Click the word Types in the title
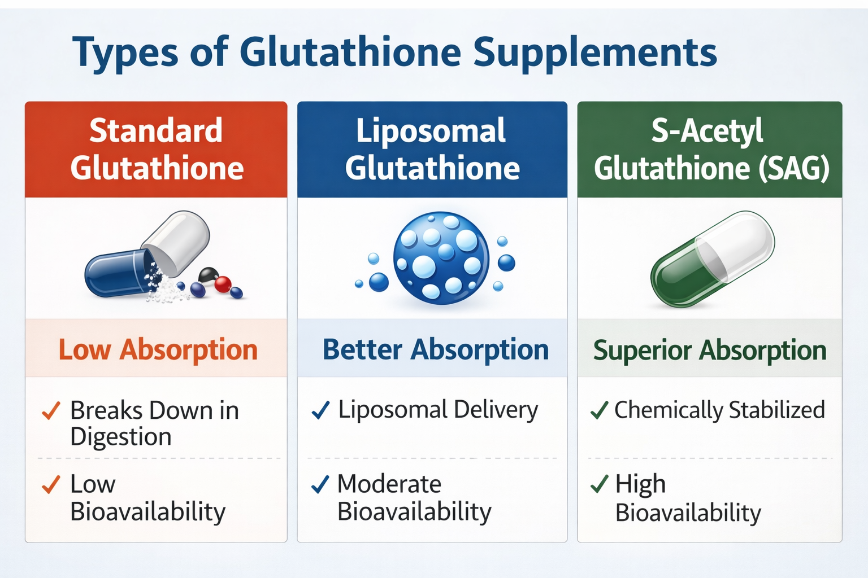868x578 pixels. click(x=125, y=52)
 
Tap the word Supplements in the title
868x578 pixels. click(x=595, y=52)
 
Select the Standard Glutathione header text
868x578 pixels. click(x=157, y=149)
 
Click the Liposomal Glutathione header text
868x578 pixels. click(x=432, y=149)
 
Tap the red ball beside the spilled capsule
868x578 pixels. click(x=223, y=284)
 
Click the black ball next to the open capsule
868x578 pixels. click(x=209, y=275)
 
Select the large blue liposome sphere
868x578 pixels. click(x=441, y=258)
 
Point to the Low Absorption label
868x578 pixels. click(x=158, y=349)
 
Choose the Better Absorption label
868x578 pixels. click(x=436, y=349)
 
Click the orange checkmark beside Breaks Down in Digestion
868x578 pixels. click(x=51, y=410)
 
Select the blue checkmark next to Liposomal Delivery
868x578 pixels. click(x=320, y=410)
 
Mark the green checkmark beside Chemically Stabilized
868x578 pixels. click(x=599, y=410)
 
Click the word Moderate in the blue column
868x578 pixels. click(x=389, y=484)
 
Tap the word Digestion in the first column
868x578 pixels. click(x=121, y=437)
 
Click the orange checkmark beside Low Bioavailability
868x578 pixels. click(x=51, y=485)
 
